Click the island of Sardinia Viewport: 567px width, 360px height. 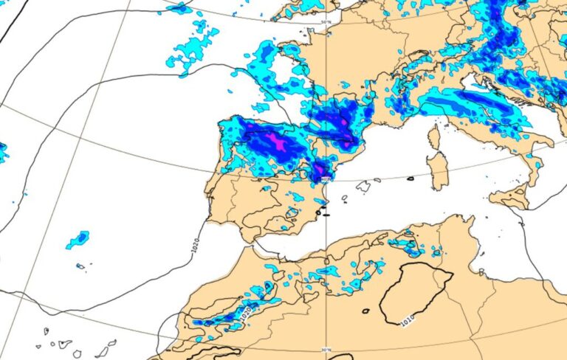(x=438, y=172)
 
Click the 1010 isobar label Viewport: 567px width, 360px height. (x=407, y=321)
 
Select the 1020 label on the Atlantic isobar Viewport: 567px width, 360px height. (x=195, y=248)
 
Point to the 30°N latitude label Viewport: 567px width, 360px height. (x=327, y=350)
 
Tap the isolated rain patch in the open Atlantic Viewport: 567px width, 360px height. (x=78, y=240)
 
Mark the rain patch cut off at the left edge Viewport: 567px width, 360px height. (x=3, y=152)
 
